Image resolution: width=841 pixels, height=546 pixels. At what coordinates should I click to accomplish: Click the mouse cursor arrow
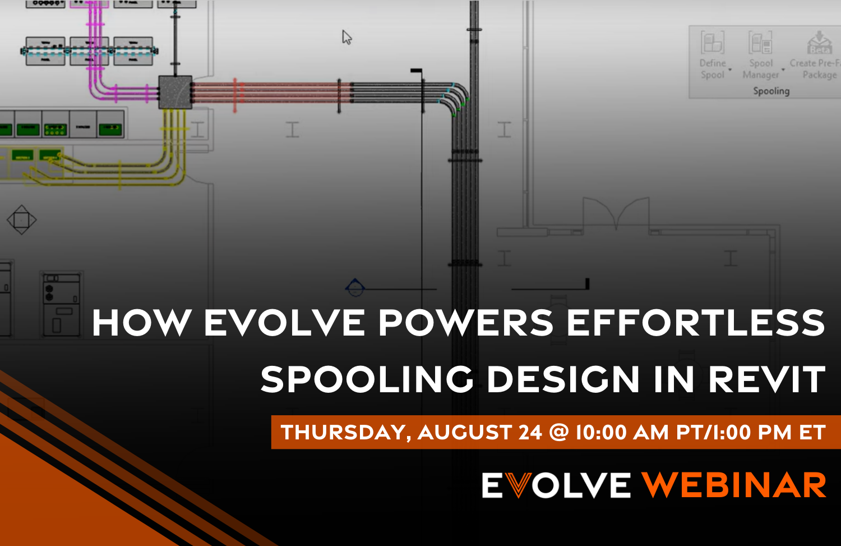(x=346, y=38)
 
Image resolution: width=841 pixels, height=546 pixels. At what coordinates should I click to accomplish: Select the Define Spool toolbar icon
(x=713, y=43)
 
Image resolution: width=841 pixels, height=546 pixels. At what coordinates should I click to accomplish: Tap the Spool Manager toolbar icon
(x=761, y=43)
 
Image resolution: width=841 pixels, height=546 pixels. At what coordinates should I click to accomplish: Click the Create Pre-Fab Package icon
(x=819, y=43)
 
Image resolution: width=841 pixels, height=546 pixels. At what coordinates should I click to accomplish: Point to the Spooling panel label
(x=771, y=91)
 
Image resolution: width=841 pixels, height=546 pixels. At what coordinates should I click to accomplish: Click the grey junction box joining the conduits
(x=175, y=92)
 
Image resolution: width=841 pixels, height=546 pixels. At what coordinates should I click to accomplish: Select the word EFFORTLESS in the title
(x=696, y=323)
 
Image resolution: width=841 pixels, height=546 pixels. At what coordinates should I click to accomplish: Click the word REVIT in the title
(x=766, y=380)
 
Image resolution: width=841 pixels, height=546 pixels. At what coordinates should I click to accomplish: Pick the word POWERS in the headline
(x=466, y=323)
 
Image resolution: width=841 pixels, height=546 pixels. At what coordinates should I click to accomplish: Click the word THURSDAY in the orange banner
(x=346, y=433)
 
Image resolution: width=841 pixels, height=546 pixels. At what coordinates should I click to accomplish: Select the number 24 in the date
(x=530, y=433)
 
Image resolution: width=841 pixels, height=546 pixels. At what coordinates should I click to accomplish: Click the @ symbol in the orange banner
(x=559, y=433)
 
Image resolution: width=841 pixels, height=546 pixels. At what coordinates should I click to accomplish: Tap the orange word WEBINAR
(x=734, y=485)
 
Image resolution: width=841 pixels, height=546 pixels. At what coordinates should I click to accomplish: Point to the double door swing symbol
(x=616, y=213)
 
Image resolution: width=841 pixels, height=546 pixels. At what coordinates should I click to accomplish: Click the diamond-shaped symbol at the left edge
(x=21, y=219)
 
